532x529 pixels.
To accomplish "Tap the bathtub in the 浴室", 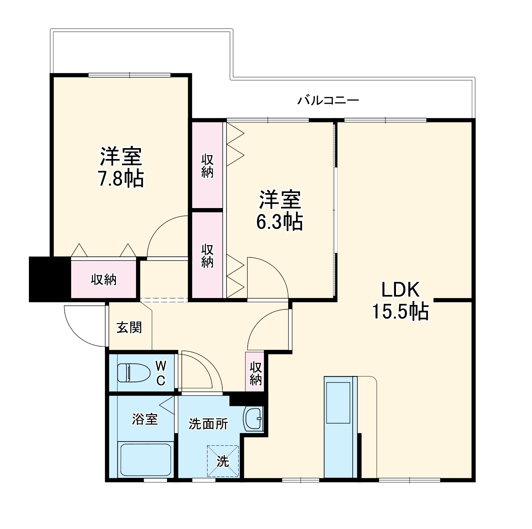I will click(x=146, y=460).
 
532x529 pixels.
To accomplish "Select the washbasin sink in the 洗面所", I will click(x=254, y=419).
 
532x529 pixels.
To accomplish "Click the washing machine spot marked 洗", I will click(x=223, y=461).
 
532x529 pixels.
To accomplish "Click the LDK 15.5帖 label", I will click(x=401, y=301).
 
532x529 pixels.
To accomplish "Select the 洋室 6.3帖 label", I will click(x=279, y=211).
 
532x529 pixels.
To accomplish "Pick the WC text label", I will click(x=161, y=372).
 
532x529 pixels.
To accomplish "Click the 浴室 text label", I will click(x=145, y=419).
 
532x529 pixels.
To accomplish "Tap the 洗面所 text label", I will click(x=208, y=424).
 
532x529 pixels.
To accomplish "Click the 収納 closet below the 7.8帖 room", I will click(x=104, y=280).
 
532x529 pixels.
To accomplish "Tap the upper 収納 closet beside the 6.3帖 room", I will click(x=207, y=166).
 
